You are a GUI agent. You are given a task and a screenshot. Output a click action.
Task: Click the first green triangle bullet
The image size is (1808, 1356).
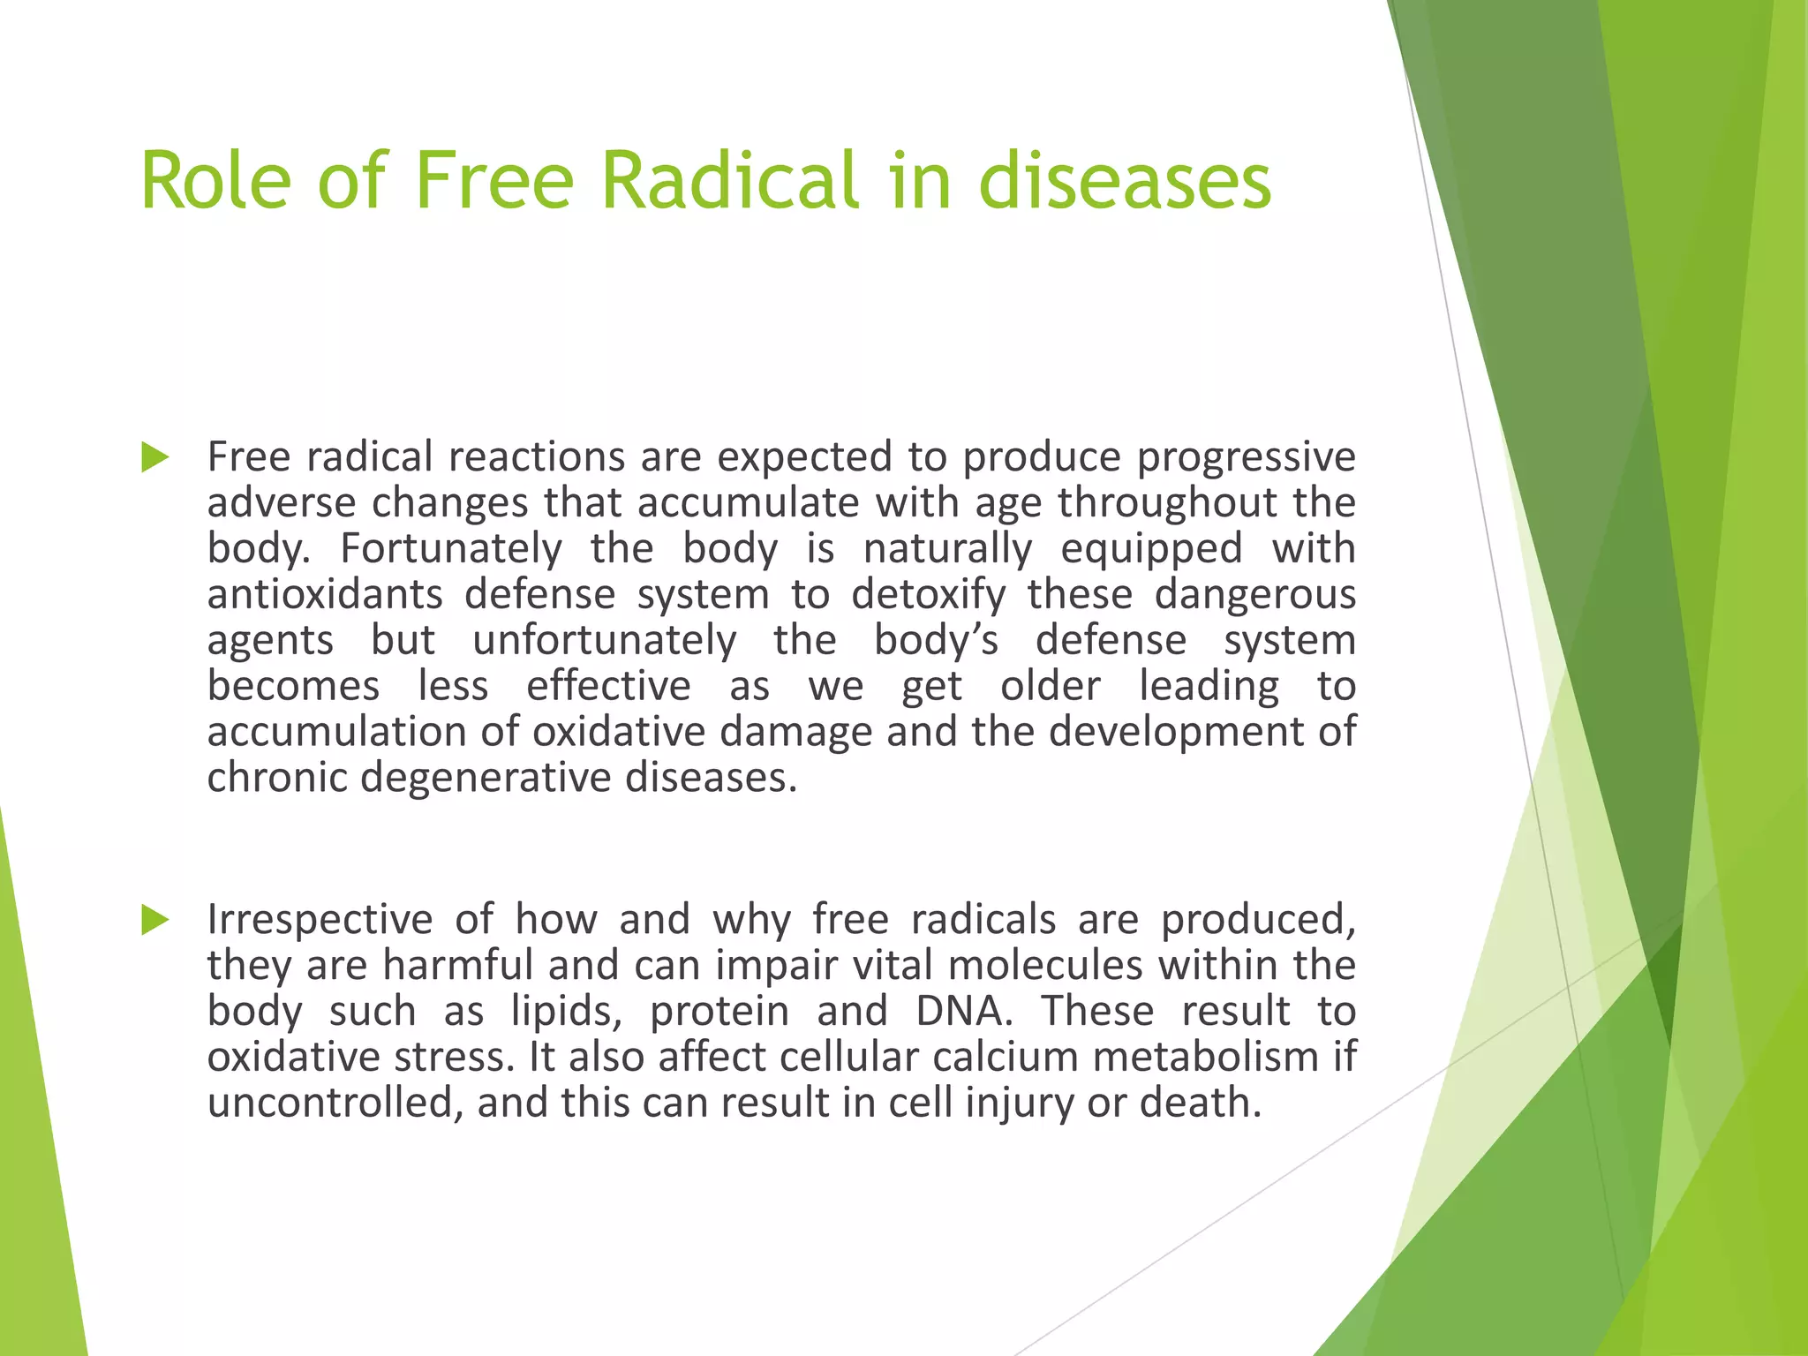tap(154, 457)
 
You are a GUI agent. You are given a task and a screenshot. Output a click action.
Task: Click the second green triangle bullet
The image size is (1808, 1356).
tap(154, 920)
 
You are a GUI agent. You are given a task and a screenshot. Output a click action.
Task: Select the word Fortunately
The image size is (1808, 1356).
tap(450, 548)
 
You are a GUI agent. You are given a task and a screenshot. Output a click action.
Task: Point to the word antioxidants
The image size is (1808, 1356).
tap(325, 594)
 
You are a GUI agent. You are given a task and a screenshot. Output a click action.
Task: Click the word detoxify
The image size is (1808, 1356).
tap(928, 594)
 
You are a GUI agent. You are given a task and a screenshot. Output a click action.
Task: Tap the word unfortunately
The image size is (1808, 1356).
tap(604, 640)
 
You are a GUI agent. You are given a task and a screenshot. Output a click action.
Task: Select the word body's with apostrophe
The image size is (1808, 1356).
tap(935, 640)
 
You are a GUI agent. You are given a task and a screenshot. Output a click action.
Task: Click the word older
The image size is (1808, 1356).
tap(1050, 686)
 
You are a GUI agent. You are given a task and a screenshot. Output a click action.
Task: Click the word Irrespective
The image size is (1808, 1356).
tap(320, 920)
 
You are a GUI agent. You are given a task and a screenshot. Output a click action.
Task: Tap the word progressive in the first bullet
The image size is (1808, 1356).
tap(1246, 457)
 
